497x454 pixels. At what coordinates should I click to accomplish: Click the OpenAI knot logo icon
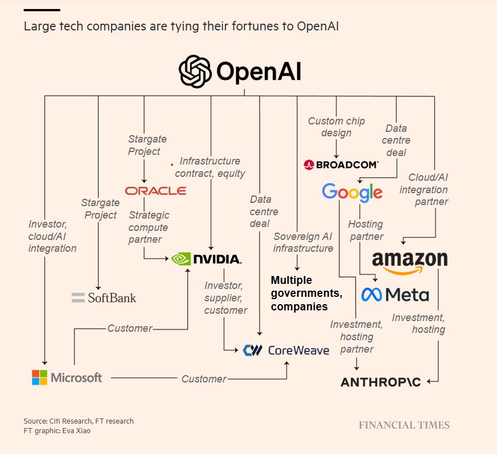coord(194,72)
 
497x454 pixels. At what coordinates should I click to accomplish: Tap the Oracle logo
coord(156,191)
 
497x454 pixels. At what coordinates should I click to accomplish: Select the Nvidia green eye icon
coord(181,259)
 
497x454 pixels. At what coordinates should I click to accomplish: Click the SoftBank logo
coord(104,297)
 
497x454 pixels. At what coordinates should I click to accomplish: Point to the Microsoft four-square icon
coord(39,377)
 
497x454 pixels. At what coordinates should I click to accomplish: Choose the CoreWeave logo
coord(286,350)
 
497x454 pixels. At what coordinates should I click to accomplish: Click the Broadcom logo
coord(341,164)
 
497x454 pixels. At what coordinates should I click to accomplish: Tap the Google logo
coord(352,192)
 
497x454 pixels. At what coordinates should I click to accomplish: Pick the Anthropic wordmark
coord(380,382)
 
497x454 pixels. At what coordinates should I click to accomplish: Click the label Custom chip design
coord(336,127)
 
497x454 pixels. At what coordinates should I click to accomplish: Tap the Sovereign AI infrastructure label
coord(303,242)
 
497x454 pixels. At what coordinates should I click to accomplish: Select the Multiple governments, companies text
coord(307,293)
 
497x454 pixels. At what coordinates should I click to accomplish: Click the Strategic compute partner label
coord(149,228)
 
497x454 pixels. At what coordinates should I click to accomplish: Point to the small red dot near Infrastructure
coord(172,164)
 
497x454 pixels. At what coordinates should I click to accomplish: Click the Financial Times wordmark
coord(404,425)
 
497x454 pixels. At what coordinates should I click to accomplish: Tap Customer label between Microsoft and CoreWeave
coord(204,379)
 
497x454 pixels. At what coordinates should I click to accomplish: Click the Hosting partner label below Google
coord(366,230)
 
